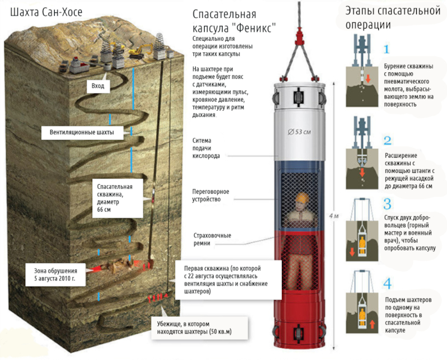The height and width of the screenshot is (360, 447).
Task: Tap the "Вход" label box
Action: pos(98,86)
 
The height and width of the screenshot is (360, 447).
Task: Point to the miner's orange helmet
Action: pos(303,199)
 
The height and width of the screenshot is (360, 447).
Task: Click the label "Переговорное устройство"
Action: pos(211,195)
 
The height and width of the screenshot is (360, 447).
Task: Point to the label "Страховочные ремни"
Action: pos(211,239)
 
